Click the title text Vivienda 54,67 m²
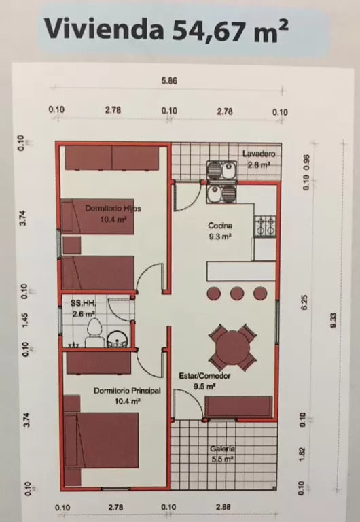click(166, 29)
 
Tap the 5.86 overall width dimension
click(169, 81)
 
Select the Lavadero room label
click(259, 154)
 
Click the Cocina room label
click(220, 226)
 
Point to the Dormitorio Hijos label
click(113, 209)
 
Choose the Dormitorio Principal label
click(127, 391)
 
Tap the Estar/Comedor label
click(204, 376)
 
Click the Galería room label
click(223, 449)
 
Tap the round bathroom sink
click(117, 339)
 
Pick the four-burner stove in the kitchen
click(265, 226)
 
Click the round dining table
click(232, 347)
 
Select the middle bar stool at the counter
click(237, 294)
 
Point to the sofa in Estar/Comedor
click(238, 406)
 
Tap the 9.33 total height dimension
click(334, 320)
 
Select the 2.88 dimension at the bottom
click(223, 507)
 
